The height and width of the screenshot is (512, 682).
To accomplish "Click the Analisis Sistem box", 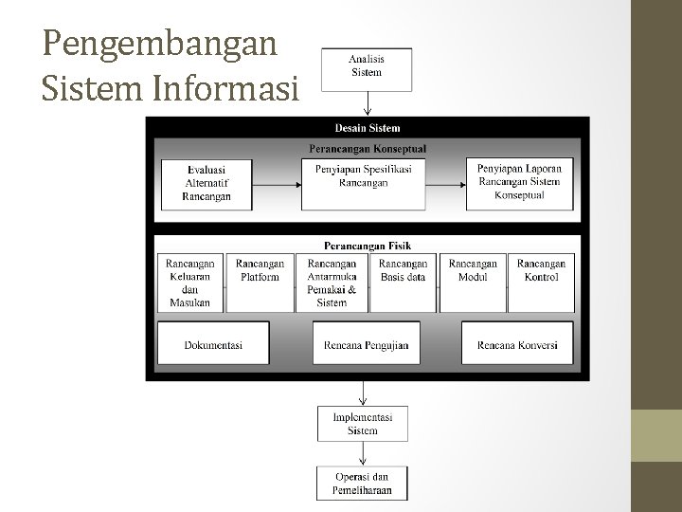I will point(367,65).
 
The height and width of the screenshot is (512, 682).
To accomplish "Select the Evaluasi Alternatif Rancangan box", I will point(206,183).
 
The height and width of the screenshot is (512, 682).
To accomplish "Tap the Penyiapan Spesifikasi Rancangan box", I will point(363,183).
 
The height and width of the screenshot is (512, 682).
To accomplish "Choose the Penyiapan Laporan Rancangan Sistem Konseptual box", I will point(519,183).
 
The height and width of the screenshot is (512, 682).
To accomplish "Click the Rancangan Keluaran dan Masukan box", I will point(190,283).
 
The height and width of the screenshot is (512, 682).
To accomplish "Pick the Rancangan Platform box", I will point(260,283).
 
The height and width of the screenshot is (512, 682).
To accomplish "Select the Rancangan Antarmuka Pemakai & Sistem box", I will point(332,283).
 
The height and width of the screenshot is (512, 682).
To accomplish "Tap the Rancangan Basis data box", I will point(403,283).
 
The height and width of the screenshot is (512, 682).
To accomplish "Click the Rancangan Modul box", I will point(473,283).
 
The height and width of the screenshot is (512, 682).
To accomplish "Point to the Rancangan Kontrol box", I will point(541,283).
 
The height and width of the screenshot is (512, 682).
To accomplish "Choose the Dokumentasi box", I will point(213,345).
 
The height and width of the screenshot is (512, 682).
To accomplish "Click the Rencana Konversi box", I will point(517,345).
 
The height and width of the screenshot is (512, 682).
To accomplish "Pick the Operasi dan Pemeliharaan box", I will point(362,484).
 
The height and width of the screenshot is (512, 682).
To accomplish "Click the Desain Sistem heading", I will point(368,128).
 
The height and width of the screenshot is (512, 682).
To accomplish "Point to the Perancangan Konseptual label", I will point(368,148).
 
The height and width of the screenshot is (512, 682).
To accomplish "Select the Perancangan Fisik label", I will point(368,246).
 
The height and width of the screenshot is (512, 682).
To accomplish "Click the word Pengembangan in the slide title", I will point(159,45).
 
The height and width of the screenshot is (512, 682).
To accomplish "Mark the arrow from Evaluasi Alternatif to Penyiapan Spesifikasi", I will point(278,185).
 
